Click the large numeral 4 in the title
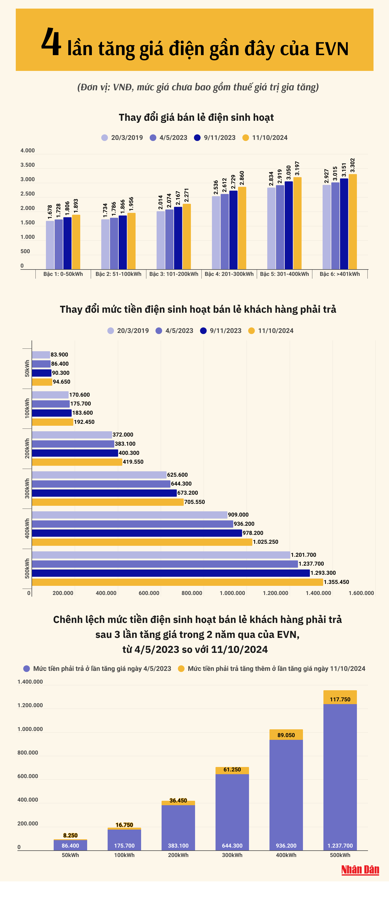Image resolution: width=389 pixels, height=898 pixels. [x=51, y=43]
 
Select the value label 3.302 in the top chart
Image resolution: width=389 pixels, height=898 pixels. [x=352, y=165]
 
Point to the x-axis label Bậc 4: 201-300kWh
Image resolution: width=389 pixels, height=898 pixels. [x=229, y=274]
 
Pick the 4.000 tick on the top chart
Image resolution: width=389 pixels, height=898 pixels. [x=27, y=151]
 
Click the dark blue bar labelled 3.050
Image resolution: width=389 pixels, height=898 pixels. [x=288, y=225]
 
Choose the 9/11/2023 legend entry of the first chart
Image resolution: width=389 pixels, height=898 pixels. [x=215, y=138]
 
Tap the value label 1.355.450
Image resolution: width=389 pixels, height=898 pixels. [x=336, y=582]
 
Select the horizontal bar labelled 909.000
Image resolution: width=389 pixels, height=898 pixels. [x=129, y=515]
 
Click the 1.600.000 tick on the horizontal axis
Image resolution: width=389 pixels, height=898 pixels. [x=361, y=593]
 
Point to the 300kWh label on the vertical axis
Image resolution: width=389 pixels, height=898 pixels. [x=27, y=488]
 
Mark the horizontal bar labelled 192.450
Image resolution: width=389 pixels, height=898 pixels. [x=53, y=422]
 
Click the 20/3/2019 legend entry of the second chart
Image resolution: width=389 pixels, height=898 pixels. [x=128, y=331]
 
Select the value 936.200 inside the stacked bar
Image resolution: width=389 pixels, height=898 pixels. [x=286, y=845]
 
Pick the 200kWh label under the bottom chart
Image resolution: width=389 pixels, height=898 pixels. [x=178, y=855]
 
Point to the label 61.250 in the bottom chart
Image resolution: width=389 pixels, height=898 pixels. [x=232, y=769]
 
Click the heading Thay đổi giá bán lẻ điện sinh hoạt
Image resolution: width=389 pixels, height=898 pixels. [x=196, y=117]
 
